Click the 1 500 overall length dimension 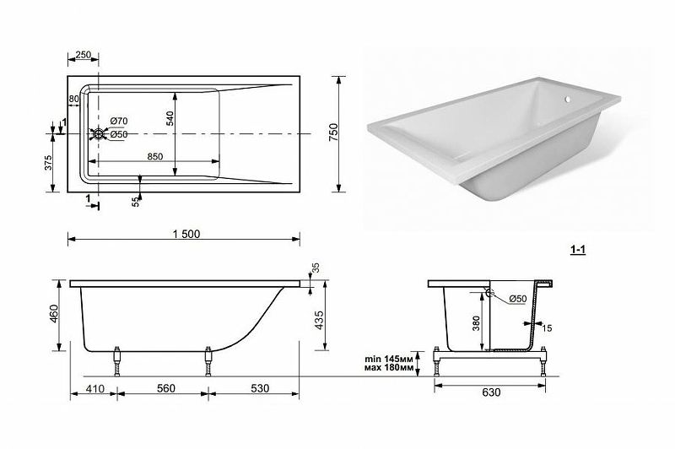[x=186, y=234]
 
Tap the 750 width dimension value [x=333, y=133]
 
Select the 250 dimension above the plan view [x=83, y=55]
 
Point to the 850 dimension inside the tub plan [x=154, y=157]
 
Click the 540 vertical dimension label [x=170, y=118]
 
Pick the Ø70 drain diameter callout [x=118, y=121]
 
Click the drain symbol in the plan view [x=99, y=134]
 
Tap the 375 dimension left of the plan [x=48, y=163]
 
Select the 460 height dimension [x=53, y=315]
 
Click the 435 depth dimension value [x=319, y=320]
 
